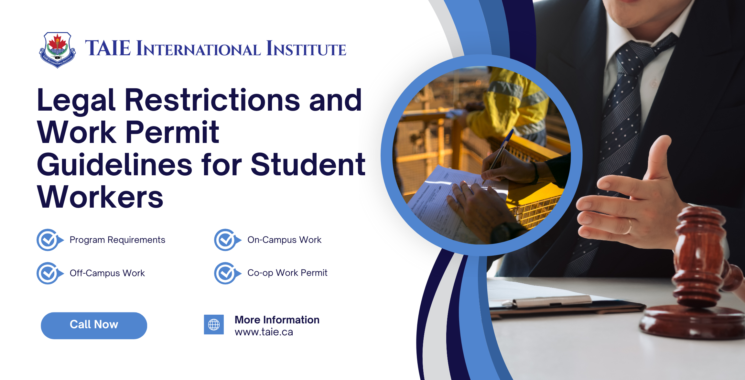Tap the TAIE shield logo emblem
tap(58, 49)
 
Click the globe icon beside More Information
tap(214, 324)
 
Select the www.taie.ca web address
tap(264, 332)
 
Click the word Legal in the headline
tap(76, 100)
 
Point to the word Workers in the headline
tap(100, 197)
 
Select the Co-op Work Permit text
tap(287, 273)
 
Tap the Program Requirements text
tap(117, 240)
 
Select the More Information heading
tap(277, 320)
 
